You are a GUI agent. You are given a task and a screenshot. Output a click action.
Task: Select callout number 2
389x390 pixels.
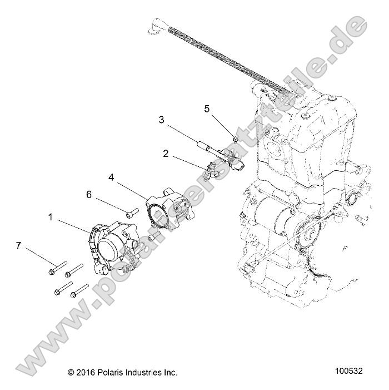point(166,153)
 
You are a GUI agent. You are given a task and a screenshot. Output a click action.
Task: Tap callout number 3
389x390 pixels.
point(162,120)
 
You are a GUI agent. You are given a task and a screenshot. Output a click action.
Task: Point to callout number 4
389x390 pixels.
point(112,177)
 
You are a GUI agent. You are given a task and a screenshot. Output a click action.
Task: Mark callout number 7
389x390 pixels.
point(19,245)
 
